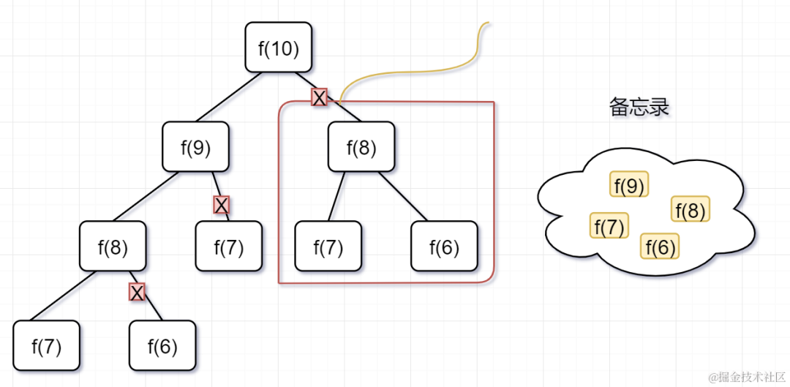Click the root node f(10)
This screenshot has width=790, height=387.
coord(279,48)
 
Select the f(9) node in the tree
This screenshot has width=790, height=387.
coord(195,147)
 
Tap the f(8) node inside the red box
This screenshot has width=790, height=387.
coord(361,147)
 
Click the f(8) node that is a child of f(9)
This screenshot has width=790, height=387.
coord(113,247)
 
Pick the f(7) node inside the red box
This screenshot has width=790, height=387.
coord(328,247)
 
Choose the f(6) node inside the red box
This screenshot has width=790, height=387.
coord(444,247)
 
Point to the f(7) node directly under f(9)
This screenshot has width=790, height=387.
coord(228,247)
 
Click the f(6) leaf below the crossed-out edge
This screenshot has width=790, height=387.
coord(162,345)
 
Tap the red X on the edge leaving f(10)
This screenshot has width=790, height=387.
coord(319,97)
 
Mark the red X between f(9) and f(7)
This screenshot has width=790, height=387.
coord(221,205)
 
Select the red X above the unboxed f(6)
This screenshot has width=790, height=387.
coord(137,293)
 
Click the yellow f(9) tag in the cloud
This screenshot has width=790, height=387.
coord(629,186)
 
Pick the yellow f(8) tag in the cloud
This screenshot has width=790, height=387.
coord(691,210)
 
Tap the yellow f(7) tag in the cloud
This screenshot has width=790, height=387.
coord(609,227)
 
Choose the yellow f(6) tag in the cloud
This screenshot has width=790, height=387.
coord(660,247)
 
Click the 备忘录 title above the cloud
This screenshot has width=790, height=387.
coord(639,108)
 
